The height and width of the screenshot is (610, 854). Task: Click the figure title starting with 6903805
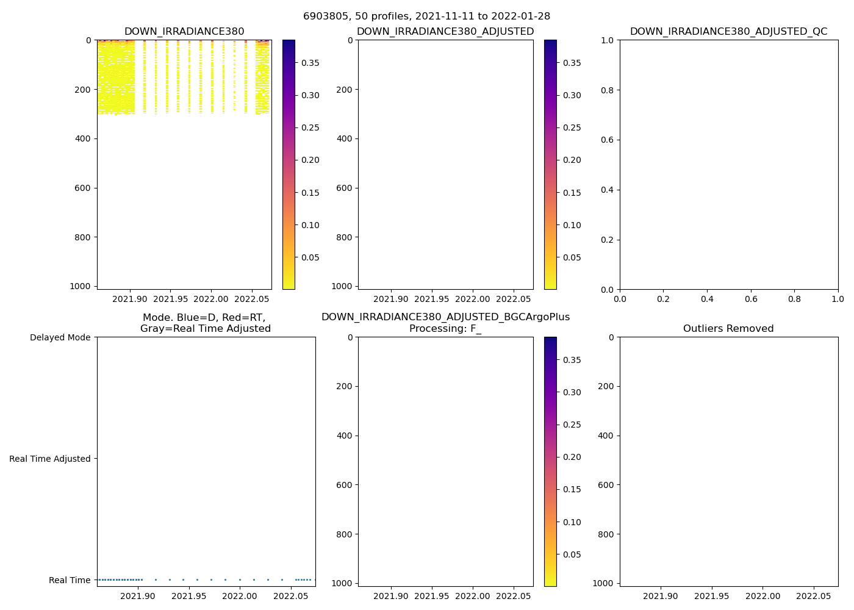click(426, 16)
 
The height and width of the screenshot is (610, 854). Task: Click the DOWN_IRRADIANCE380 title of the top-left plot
click(184, 32)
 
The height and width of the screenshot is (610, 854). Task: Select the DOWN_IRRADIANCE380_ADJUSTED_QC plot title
click(728, 32)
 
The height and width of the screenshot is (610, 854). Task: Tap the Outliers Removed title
click(728, 329)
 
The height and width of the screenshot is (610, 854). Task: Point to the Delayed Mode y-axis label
click(60, 337)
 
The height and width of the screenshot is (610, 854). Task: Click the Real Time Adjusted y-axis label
click(50, 459)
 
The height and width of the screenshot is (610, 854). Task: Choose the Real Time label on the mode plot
click(70, 580)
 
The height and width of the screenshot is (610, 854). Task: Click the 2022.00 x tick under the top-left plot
click(211, 300)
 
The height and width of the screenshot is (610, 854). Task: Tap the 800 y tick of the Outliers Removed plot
click(606, 534)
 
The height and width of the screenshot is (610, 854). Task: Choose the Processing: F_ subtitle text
click(445, 329)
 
